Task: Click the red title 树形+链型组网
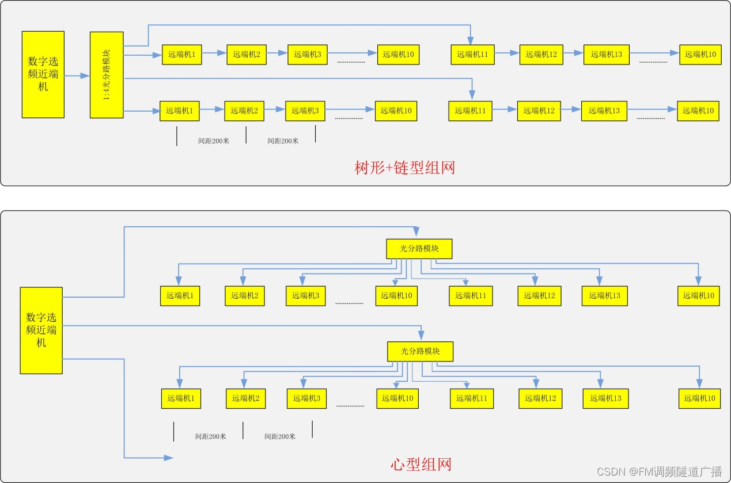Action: (404, 168)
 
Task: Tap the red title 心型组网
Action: (420, 465)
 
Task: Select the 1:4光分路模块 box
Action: (107, 75)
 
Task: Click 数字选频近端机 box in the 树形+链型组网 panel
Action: (43, 74)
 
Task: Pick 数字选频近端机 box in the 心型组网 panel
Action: (41, 330)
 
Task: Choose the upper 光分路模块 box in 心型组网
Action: (419, 249)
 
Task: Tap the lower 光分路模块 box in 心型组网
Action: (420, 351)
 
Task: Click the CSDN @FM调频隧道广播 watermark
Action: (659, 472)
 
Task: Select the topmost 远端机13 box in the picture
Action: (606, 54)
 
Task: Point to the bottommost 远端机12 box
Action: (540, 398)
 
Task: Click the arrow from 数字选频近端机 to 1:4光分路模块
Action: (77, 75)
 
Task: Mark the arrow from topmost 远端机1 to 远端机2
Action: (214, 54)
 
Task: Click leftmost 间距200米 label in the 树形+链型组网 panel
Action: (213, 140)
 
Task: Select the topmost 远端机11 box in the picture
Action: (472, 54)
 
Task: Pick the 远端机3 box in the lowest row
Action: (306, 398)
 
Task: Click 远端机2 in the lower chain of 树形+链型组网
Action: (244, 111)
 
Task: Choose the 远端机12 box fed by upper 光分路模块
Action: (539, 295)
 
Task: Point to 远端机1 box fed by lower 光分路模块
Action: (181, 398)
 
